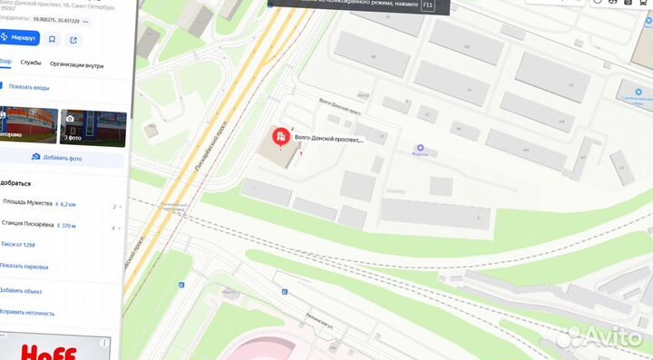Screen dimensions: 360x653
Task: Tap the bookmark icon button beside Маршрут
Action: pyautogui.click(x=53, y=39)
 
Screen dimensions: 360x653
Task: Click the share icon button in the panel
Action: pyautogui.click(x=73, y=39)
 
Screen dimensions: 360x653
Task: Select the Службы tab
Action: pyautogui.click(x=31, y=65)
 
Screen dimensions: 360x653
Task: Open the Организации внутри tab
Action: pyautogui.click(x=76, y=65)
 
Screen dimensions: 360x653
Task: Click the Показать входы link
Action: pyautogui.click(x=28, y=87)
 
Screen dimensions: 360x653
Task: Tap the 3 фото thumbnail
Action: pyautogui.click(x=92, y=126)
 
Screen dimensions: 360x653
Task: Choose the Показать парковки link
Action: pyautogui.click(x=24, y=266)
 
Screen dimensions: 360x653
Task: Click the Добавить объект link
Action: pyautogui.click(x=21, y=291)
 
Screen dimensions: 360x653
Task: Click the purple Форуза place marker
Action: pyautogui.click(x=419, y=149)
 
